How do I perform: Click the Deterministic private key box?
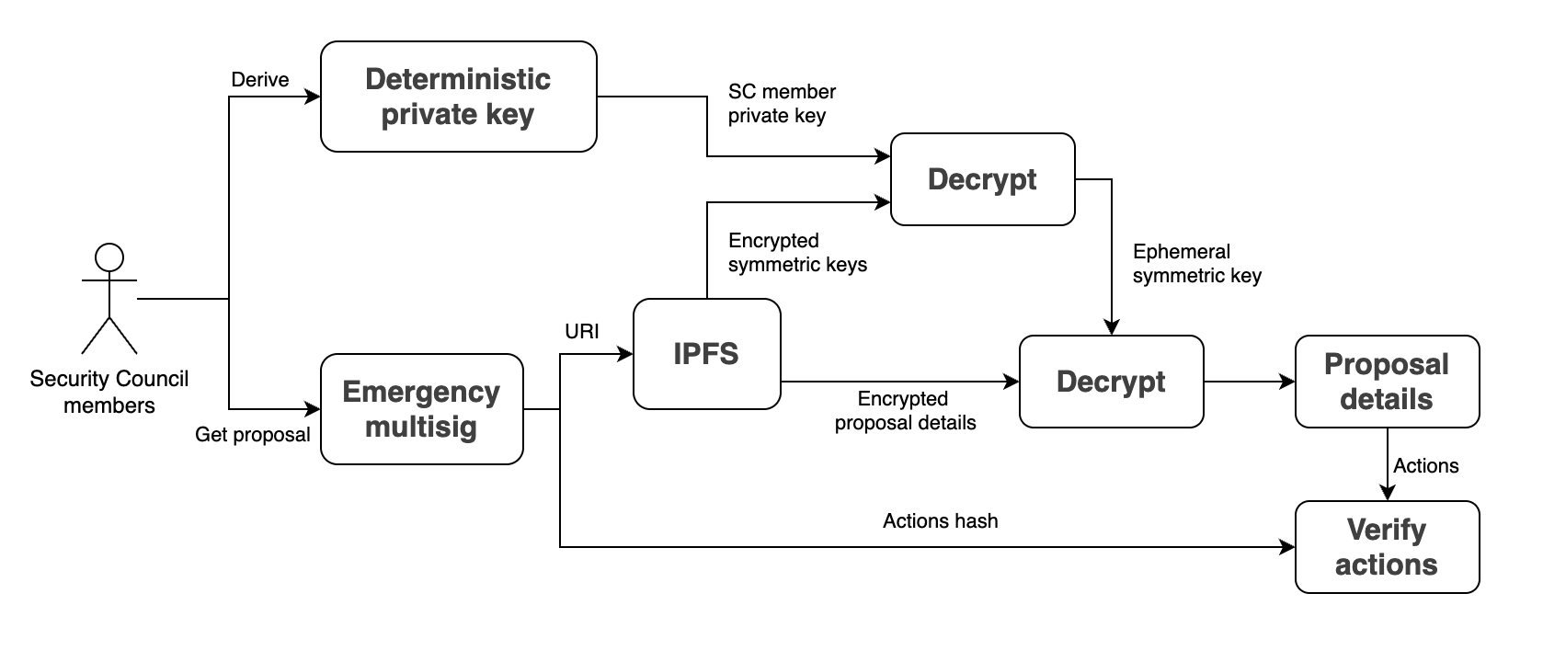tap(458, 97)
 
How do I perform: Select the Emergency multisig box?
tap(421, 409)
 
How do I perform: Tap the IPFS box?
tap(706, 354)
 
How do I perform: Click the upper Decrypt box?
tap(982, 179)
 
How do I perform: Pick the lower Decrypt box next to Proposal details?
tap(1111, 382)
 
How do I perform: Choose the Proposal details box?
tap(1387, 382)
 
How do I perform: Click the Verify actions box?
tap(1387, 547)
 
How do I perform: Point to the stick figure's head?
tap(109, 257)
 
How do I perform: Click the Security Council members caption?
tap(109, 392)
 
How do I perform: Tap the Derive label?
tap(260, 80)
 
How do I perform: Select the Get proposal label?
tap(253, 435)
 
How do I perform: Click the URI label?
tap(582, 331)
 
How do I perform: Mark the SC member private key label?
tap(782, 104)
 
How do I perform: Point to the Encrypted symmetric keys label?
tap(796, 253)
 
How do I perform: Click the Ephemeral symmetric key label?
tap(1196, 264)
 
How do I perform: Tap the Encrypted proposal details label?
tap(905, 411)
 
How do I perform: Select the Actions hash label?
tap(940, 521)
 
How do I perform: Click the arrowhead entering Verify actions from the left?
tap(1287, 547)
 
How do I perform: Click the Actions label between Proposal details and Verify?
tap(1425, 466)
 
